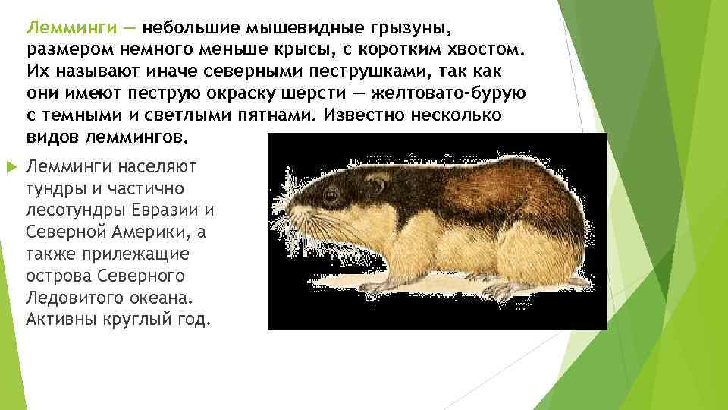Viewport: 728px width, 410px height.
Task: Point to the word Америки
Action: [x=149, y=232]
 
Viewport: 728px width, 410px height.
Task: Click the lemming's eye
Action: [x=331, y=195]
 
